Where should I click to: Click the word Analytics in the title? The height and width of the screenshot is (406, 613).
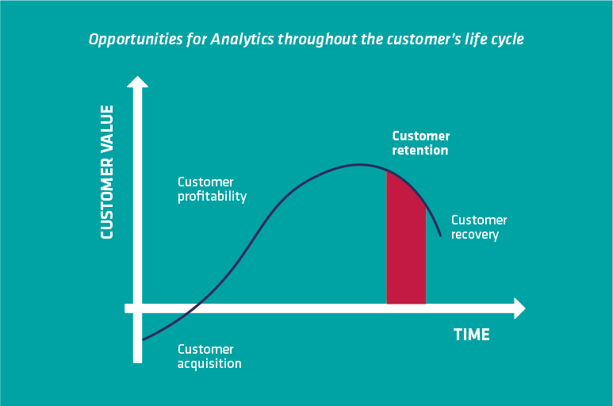[242, 40]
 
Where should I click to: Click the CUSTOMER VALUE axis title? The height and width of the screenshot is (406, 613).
[107, 172]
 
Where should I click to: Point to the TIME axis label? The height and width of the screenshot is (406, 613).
[472, 335]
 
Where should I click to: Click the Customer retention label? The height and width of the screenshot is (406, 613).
[421, 143]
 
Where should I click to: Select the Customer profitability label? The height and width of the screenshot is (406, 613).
[212, 190]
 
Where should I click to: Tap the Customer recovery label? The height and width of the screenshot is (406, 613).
[479, 228]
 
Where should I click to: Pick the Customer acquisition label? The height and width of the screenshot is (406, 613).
[209, 356]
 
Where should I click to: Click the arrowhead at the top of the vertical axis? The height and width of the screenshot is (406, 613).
[138, 82]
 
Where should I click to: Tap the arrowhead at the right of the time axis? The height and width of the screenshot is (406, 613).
[519, 308]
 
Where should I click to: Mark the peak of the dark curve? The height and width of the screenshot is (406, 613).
[360, 164]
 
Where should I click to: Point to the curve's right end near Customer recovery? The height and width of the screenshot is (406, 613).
[441, 236]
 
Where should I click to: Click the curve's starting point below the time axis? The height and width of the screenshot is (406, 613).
[143, 340]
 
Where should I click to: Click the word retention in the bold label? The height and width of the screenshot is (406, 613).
[420, 151]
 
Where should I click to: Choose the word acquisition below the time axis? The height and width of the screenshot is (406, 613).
[209, 364]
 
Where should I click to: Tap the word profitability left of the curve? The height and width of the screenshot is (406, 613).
[212, 197]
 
